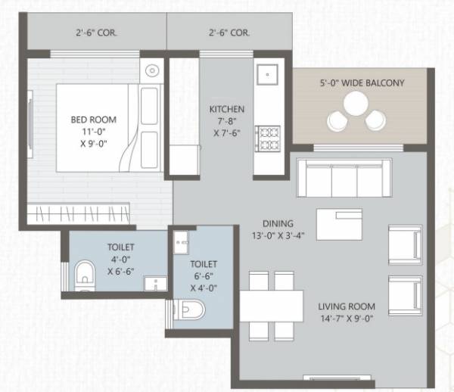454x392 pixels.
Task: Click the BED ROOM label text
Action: [88, 120]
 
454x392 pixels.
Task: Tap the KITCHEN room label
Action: [226, 109]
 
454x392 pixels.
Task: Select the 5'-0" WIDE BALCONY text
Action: [362, 82]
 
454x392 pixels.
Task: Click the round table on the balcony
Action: [354, 106]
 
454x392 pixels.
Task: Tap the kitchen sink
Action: [267, 76]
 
